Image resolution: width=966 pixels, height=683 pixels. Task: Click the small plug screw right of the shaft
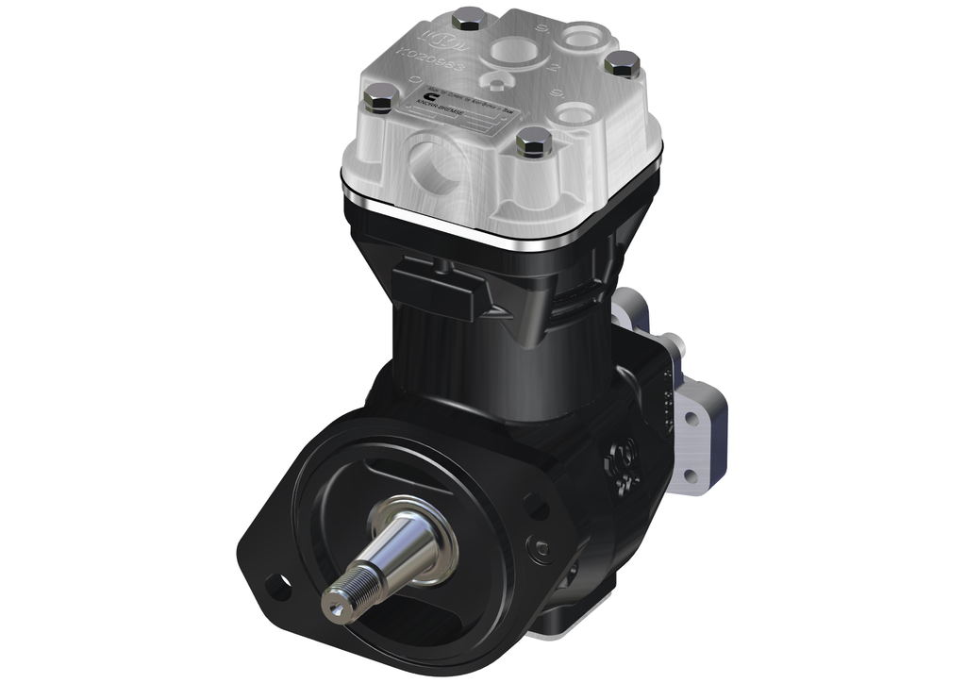click(x=539, y=546)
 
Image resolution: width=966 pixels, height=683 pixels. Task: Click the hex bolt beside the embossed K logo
click(x=469, y=19)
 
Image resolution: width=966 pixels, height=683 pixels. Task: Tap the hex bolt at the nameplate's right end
click(x=535, y=142)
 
